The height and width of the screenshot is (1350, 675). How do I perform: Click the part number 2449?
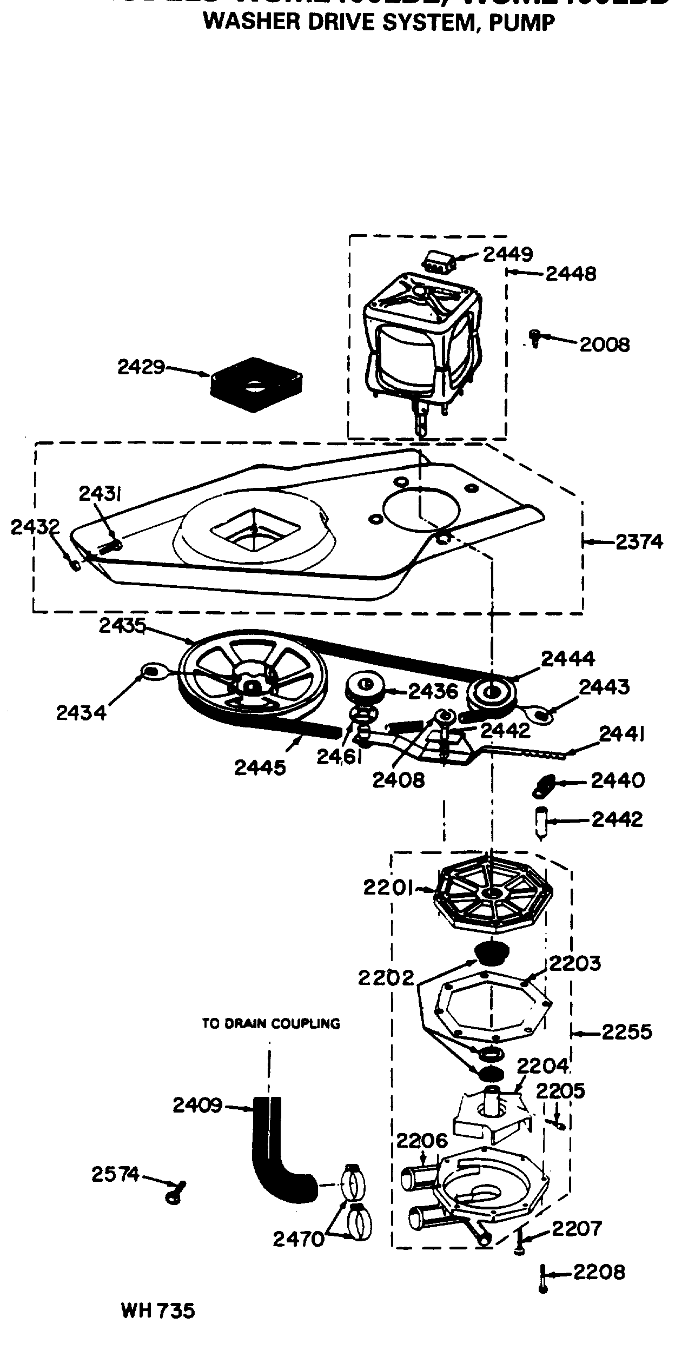click(507, 254)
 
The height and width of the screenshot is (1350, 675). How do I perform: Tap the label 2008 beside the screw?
click(605, 345)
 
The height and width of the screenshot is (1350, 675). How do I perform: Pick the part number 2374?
click(639, 541)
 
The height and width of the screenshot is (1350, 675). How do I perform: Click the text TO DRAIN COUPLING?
click(271, 1023)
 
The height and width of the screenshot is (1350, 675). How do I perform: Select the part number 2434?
click(81, 712)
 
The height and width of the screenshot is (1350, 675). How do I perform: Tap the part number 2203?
click(575, 963)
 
